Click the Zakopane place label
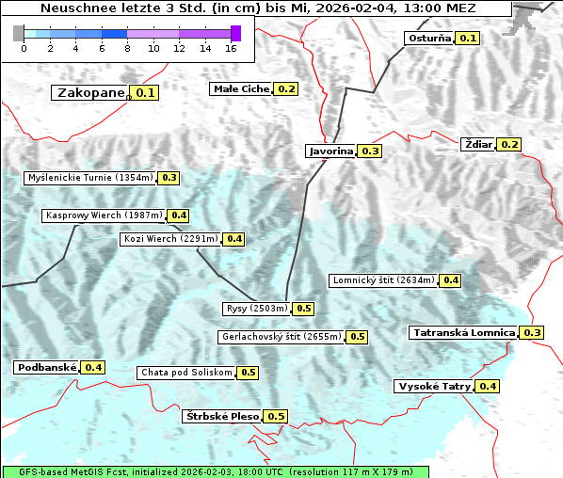[90, 93]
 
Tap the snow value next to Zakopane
[145, 93]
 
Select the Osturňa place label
[428, 39]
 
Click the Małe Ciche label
[241, 88]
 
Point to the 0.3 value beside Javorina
[370, 151]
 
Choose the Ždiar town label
[478, 144]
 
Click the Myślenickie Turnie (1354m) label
[90, 177]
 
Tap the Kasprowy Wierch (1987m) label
[104, 215]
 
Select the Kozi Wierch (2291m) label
[171, 239]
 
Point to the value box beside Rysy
[304, 309]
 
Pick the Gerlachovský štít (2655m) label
[281, 336]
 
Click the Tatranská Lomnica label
[464, 332]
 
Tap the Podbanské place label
[46, 367]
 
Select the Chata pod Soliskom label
[185, 373]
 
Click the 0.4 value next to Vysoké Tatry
[488, 387]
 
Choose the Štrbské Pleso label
[221, 416]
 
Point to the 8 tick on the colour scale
[127, 47]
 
